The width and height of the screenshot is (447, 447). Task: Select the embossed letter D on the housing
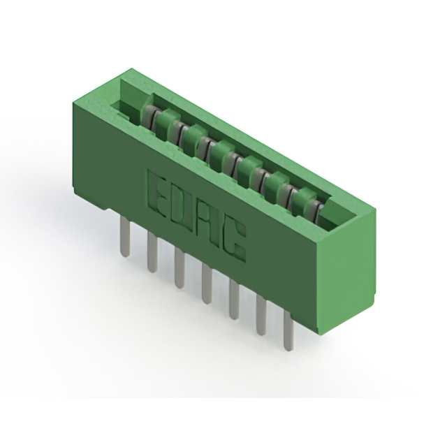(179, 207)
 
